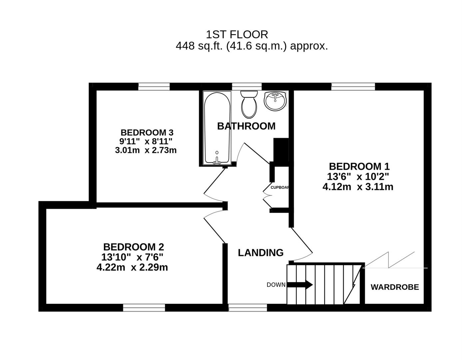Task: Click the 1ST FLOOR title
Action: [237, 34]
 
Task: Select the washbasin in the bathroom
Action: [275, 100]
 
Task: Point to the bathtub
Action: [217, 128]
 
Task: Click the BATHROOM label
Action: [246, 126]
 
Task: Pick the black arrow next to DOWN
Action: [300, 285]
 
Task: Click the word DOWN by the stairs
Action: [276, 285]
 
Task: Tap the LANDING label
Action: [260, 253]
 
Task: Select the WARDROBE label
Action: [395, 287]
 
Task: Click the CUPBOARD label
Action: [280, 187]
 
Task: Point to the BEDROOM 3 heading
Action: [147, 132]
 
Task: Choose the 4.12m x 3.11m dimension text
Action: [358, 187]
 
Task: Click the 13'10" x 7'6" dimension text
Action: [132, 257]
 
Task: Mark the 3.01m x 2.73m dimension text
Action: [146, 150]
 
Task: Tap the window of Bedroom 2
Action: [144, 307]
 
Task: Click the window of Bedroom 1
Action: [353, 87]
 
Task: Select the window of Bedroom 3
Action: [154, 87]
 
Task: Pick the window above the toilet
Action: [246, 87]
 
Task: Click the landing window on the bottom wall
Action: [247, 307]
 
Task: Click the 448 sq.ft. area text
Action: [251, 46]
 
